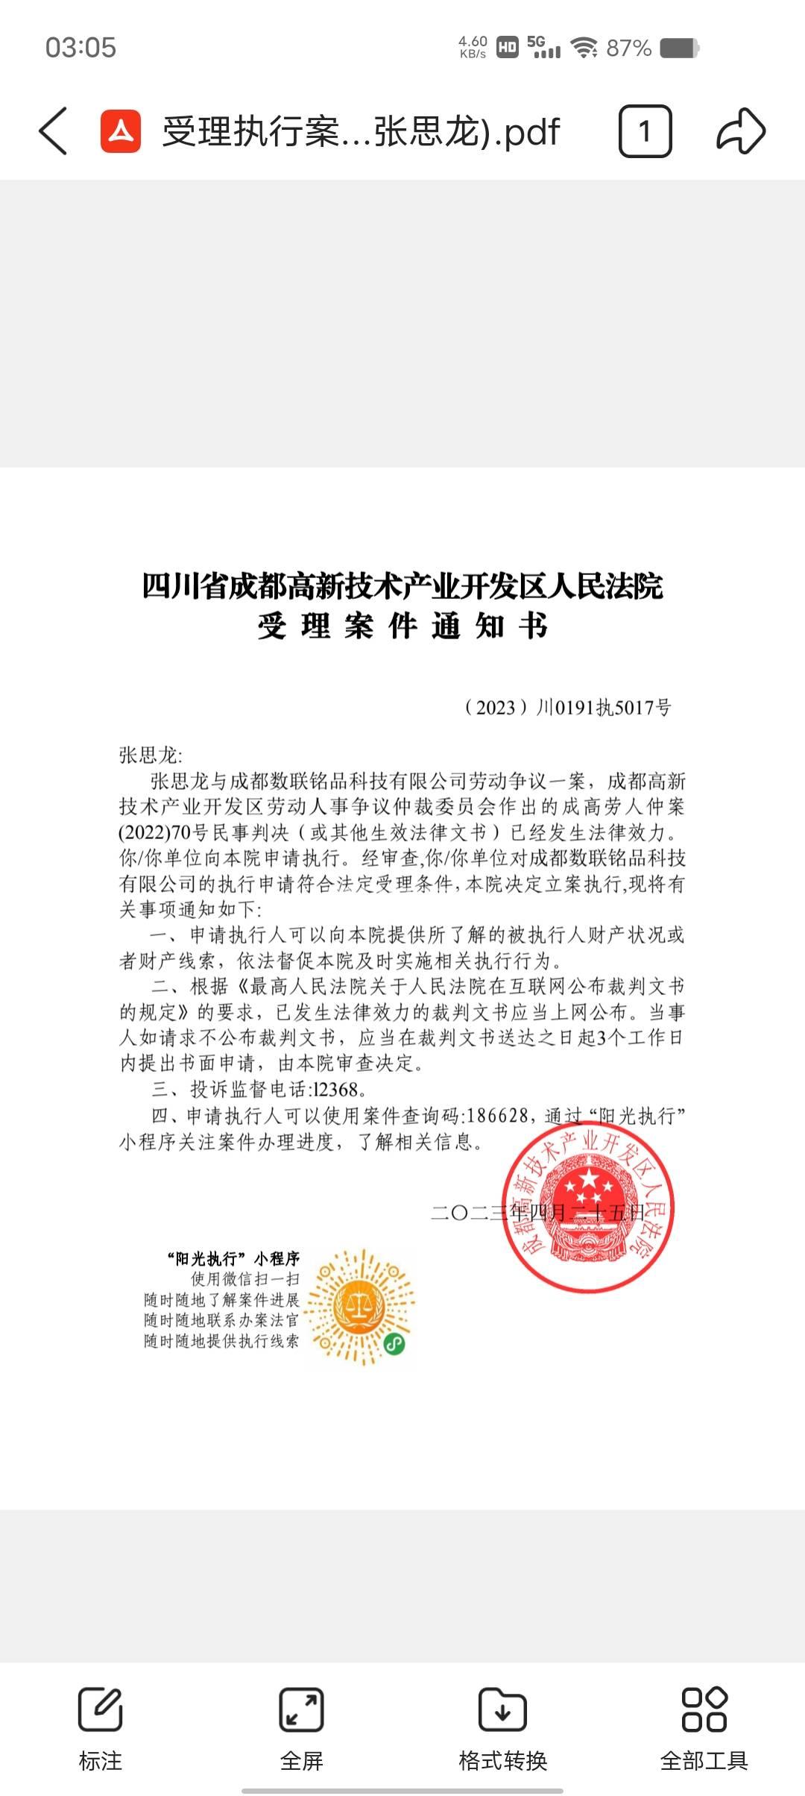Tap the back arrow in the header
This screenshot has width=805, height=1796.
[53, 131]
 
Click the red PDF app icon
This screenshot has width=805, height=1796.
[121, 131]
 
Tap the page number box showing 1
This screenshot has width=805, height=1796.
[645, 131]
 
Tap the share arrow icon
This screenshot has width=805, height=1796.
[740, 131]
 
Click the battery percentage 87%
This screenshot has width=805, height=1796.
[628, 48]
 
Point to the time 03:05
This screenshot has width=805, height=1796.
[80, 48]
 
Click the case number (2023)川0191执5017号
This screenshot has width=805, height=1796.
[567, 707]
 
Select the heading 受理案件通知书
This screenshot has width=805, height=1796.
[402, 626]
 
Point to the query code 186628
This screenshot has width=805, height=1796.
[497, 1116]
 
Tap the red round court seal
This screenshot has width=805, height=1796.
[588, 1206]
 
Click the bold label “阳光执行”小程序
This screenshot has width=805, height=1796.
[233, 1259]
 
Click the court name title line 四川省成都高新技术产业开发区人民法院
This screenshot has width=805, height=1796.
[402, 586]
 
